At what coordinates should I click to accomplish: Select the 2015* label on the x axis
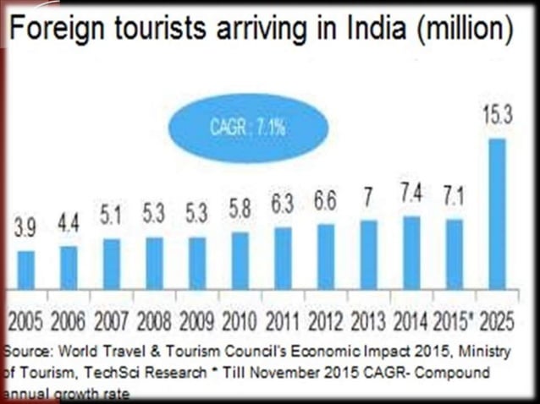tap(453, 321)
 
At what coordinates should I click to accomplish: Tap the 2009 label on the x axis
tap(197, 321)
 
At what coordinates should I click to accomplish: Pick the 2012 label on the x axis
tap(325, 321)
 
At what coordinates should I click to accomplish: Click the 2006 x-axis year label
tap(69, 321)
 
